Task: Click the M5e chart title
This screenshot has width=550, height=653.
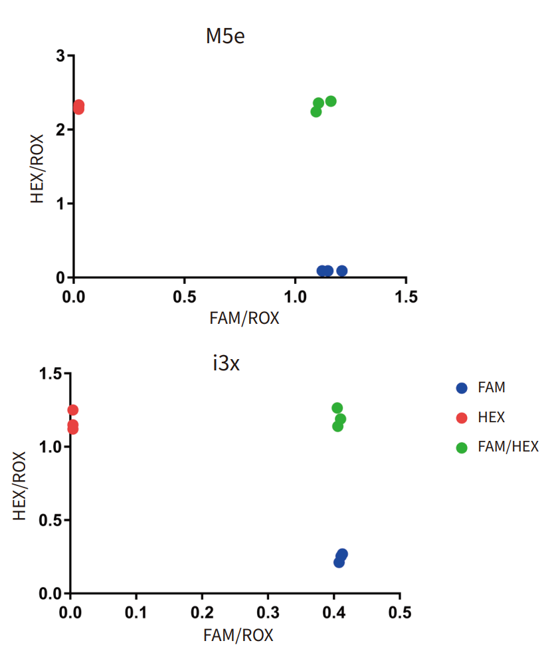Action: [225, 36]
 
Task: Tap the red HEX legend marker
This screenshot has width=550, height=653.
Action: [462, 418]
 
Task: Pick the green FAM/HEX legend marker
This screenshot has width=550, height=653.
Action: [462, 448]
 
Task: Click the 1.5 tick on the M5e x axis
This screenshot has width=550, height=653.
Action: [406, 296]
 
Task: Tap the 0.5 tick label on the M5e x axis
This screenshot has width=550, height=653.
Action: [185, 296]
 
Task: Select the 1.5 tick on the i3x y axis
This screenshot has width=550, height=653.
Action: [52, 374]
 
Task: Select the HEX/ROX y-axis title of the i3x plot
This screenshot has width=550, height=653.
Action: [20, 485]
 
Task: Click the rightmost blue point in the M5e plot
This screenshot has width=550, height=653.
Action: [341, 271]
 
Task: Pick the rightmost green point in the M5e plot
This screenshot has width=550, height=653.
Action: [331, 101]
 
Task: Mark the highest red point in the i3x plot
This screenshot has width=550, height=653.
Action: [73, 410]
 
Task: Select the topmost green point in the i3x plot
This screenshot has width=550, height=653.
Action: [337, 408]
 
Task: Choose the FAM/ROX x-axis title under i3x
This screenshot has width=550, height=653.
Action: [238, 635]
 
